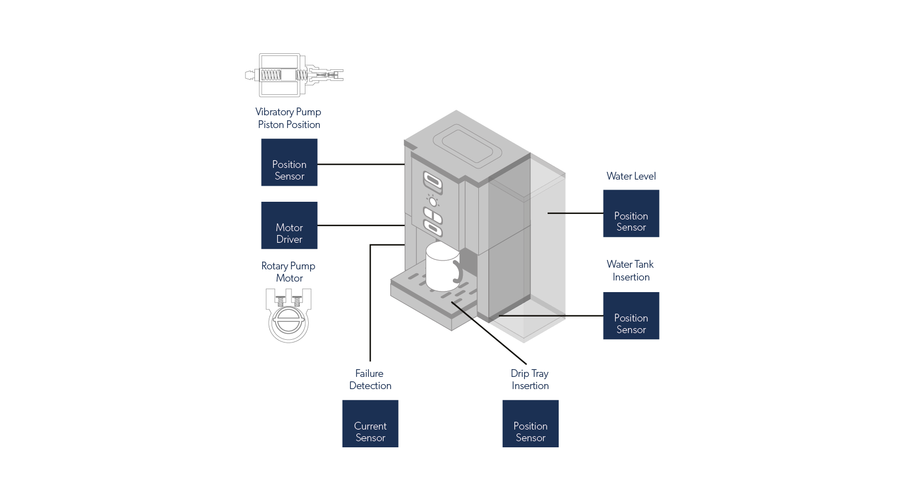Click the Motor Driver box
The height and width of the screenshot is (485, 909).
(x=289, y=226)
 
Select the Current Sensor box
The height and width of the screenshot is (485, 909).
(x=370, y=423)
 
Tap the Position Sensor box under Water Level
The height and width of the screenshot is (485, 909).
(x=631, y=213)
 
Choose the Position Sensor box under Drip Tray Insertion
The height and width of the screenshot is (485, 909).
(x=530, y=423)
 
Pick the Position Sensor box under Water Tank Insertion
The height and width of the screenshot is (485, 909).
(x=631, y=316)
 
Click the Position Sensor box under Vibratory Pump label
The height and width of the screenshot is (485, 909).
(x=289, y=162)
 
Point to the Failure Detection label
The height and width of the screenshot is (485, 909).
(x=370, y=380)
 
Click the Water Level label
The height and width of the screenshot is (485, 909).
(x=631, y=176)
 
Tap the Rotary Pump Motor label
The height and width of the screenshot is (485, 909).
(x=289, y=272)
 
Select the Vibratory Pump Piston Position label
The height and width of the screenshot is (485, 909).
(x=288, y=118)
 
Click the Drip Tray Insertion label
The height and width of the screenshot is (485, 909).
(x=530, y=380)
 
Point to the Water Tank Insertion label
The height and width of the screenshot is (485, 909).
(x=631, y=270)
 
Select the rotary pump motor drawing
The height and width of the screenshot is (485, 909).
(x=288, y=314)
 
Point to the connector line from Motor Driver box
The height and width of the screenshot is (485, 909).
(x=360, y=225)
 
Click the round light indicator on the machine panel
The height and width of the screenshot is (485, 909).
(x=432, y=201)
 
